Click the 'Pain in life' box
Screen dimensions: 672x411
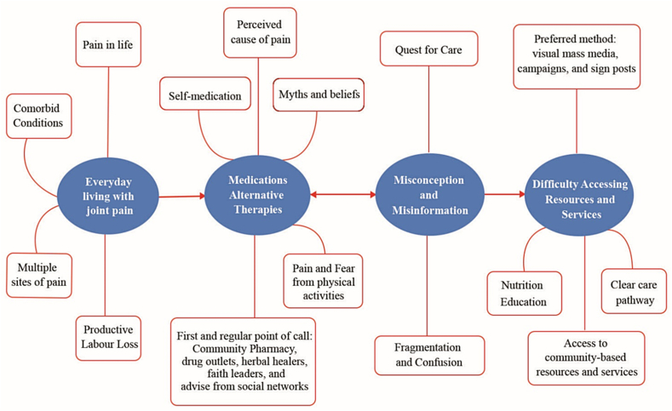point(108,44)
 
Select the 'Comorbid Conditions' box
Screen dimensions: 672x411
point(38,116)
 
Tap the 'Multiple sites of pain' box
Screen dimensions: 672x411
point(39,276)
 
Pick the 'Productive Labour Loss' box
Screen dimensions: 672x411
point(108,338)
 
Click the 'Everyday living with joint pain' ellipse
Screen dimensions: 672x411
point(108,196)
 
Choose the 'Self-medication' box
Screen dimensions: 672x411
point(205,94)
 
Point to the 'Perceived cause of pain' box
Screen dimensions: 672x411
point(260,32)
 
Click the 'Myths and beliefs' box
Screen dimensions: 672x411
point(319,94)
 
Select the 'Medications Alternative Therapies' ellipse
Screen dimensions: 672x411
point(257,195)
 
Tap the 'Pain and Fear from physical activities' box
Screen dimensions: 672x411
point(323,282)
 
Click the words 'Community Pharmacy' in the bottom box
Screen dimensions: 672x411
point(244,349)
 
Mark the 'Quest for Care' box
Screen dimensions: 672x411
point(428,49)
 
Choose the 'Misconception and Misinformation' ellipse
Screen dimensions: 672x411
point(430,195)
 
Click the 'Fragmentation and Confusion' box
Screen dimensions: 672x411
point(429,356)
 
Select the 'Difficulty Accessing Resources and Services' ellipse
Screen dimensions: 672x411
point(579,195)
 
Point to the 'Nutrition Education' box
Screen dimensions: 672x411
point(524,294)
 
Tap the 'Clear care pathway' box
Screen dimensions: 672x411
point(634,291)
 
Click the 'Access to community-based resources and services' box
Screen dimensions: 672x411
point(586,358)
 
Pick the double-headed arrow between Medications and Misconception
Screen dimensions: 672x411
point(343,195)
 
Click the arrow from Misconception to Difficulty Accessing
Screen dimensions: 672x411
point(505,194)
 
